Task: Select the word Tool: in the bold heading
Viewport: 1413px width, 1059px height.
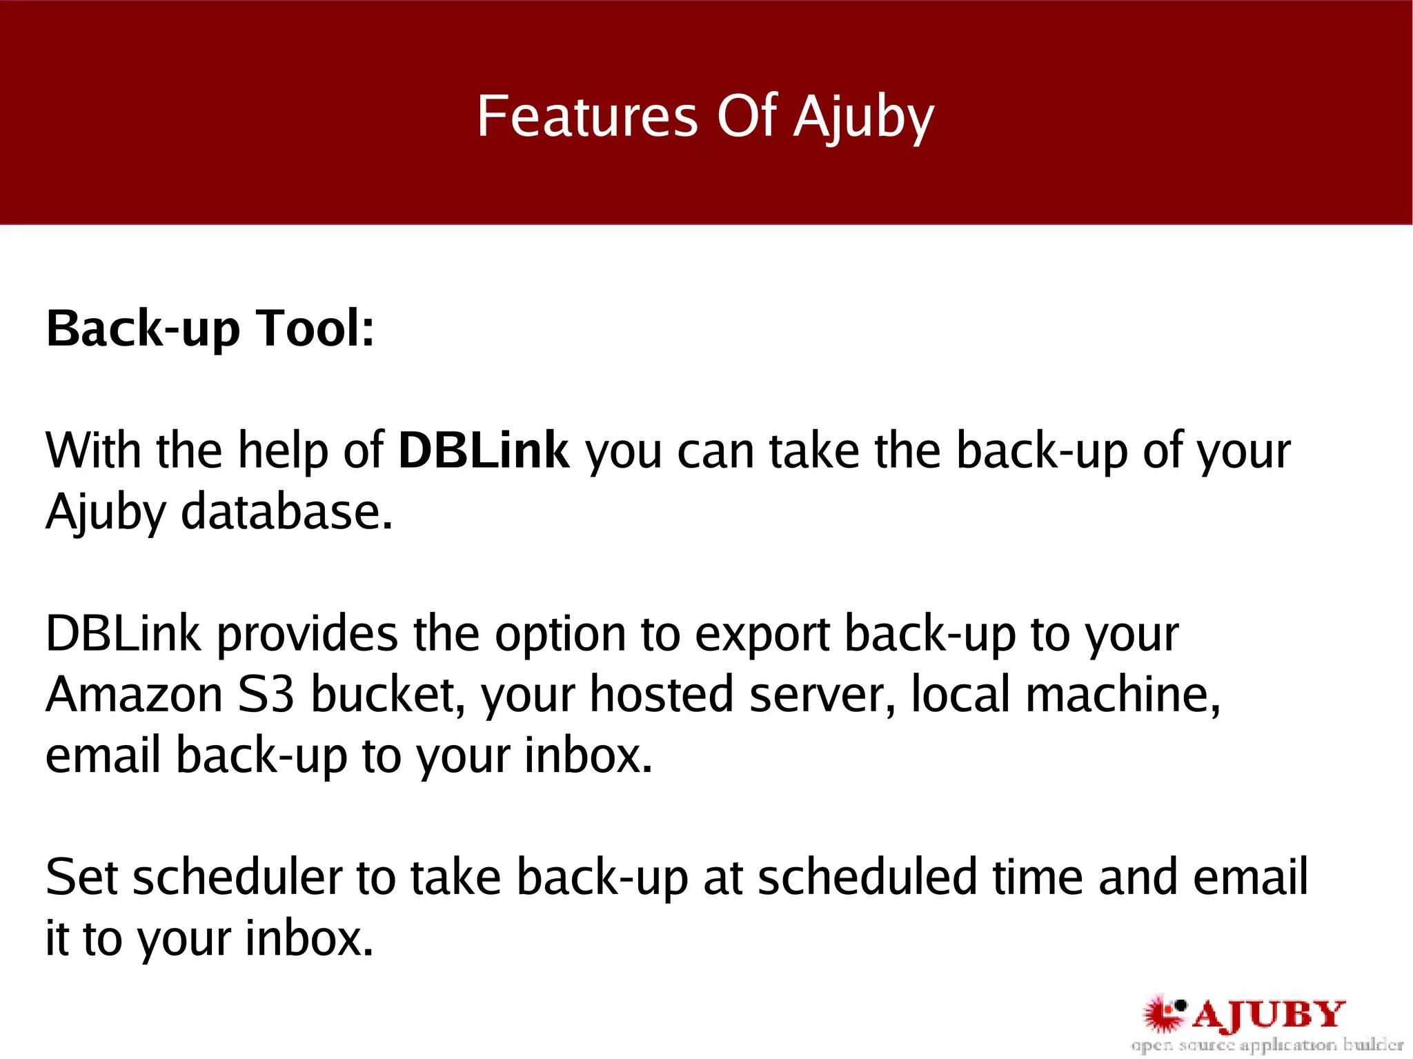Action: coord(315,328)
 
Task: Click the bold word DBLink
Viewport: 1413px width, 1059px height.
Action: coord(484,451)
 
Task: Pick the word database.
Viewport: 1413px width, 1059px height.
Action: coord(286,512)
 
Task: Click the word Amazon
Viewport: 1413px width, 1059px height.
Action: coord(134,695)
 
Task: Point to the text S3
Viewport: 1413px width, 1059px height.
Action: coord(266,695)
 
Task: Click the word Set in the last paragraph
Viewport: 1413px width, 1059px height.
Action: coord(81,878)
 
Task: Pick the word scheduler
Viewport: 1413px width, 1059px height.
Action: coord(237,878)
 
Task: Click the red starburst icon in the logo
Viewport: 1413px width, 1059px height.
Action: coord(1164,1013)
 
